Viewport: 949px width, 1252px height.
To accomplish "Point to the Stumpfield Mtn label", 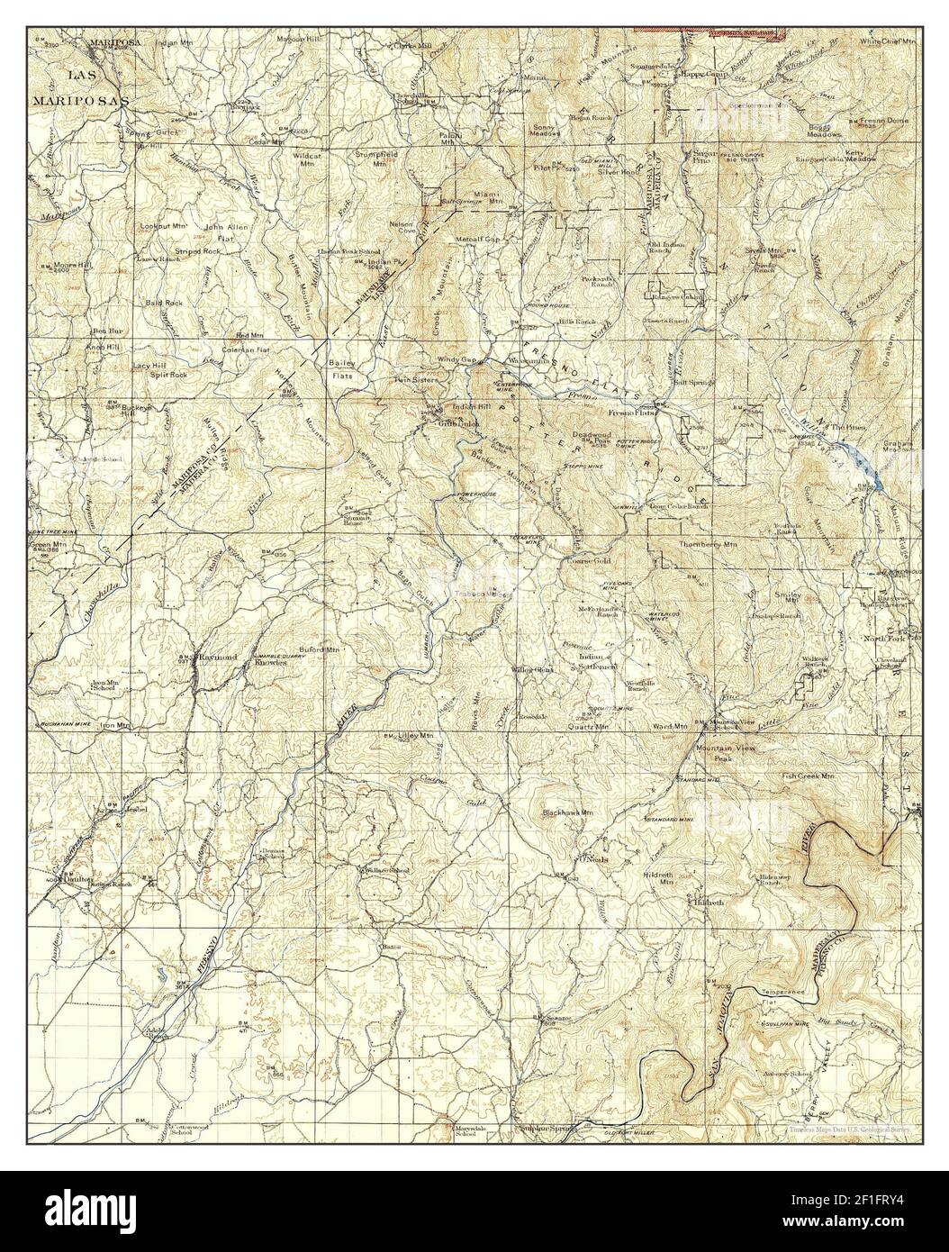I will (x=381, y=159).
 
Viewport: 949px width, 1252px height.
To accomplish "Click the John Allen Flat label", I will (x=225, y=232).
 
